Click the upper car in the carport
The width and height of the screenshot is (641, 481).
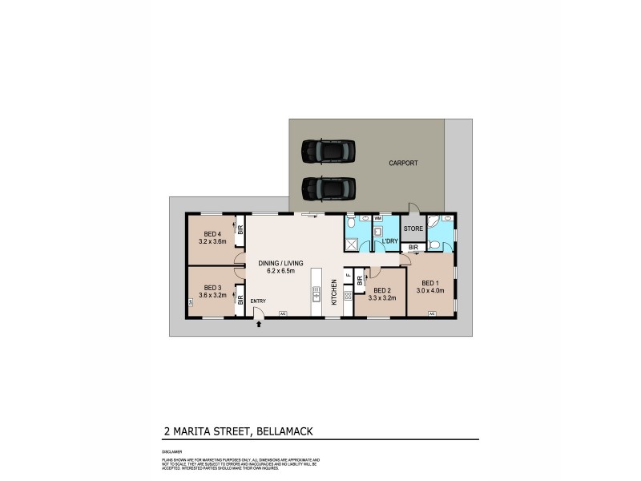pyautogui.click(x=328, y=151)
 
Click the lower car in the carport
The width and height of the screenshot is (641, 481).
pyautogui.click(x=328, y=189)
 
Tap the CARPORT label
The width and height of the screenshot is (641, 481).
pyautogui.click(x=403, y=163)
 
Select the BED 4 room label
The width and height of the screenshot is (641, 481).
pyautogui.click(x=212, y=233)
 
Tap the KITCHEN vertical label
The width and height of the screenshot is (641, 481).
pyautogui.click(x=334, y=293)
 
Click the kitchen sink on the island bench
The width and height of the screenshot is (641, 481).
pyautogui.click(x=316, y=294)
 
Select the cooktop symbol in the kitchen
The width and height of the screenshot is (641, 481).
pyautogui.click(x=348, y=296)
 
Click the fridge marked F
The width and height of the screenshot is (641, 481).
pyautogui.click(x=348, y=275)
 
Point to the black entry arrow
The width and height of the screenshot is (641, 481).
pyautogui.click(x=258, y=325)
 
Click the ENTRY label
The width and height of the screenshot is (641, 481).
pyautogui.click(x=258, y=301)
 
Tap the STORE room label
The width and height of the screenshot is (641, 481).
pyautogui.click(x=413, y=229)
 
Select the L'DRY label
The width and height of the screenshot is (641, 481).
pyautogui.click(x=390, y=241)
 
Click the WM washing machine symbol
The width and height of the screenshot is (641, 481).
pyautogui.click(x=377, y=218)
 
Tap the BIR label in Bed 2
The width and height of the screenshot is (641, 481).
pyautogui.click(x=360, y=280)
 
